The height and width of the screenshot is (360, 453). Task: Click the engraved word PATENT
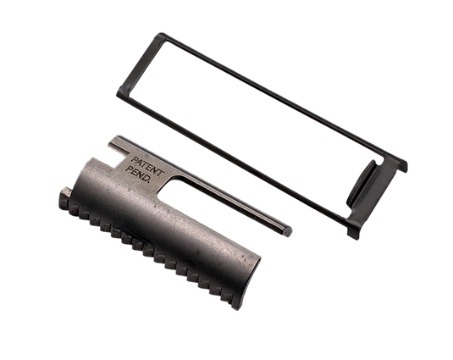[x=147, y=166]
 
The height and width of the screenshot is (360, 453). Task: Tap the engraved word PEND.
[x=138, y=174]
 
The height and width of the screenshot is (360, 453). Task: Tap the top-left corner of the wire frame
[x=161, y=36]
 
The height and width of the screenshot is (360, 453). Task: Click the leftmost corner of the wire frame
[x=119, y=94]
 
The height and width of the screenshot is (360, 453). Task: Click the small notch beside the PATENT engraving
[x=119, y=150]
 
